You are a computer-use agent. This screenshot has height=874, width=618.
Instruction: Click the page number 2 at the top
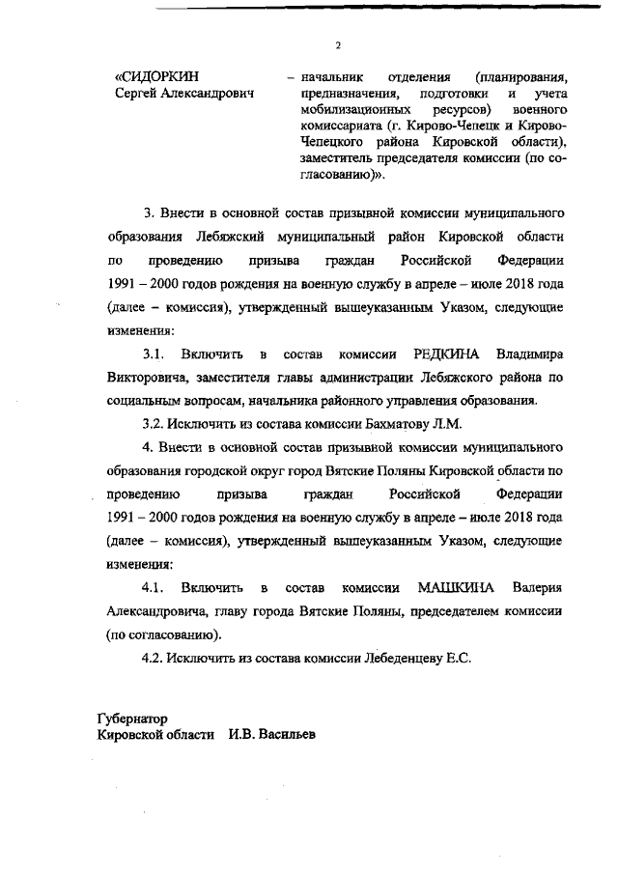coord(338,44)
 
